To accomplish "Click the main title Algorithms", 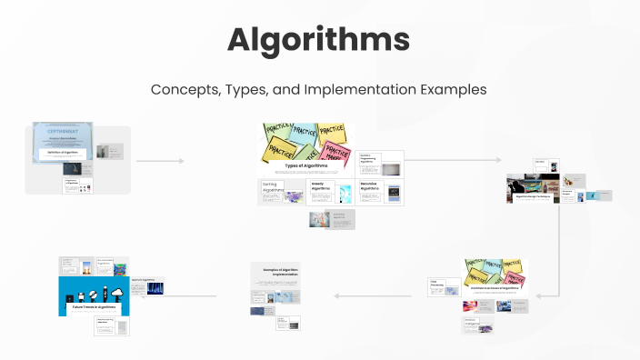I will (319, 41).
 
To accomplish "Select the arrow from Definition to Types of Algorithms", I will (160, 161).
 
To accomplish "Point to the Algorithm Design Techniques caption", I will (533, 195).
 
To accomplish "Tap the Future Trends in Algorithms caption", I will (95, 307).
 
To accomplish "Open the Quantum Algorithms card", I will (147, 286).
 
